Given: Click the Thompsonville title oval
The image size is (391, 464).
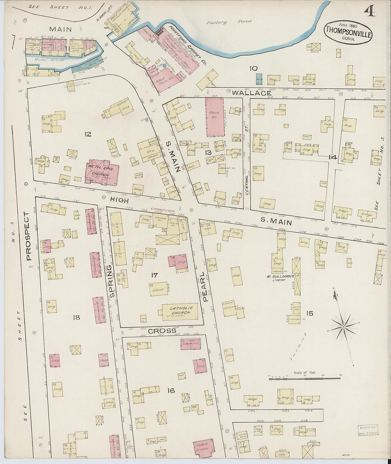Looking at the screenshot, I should [348, 32].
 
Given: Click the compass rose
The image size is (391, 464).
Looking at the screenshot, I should [344, 325].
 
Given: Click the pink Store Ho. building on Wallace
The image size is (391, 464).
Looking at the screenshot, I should [214, 117].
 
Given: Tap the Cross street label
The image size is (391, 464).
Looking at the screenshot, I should [162, 331].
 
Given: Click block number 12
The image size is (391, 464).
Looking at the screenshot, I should [88, 134].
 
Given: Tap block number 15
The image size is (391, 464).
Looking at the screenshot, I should [310, 313].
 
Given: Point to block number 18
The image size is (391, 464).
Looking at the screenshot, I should [76, 318].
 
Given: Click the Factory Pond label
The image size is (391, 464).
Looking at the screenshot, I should [229, 22].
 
